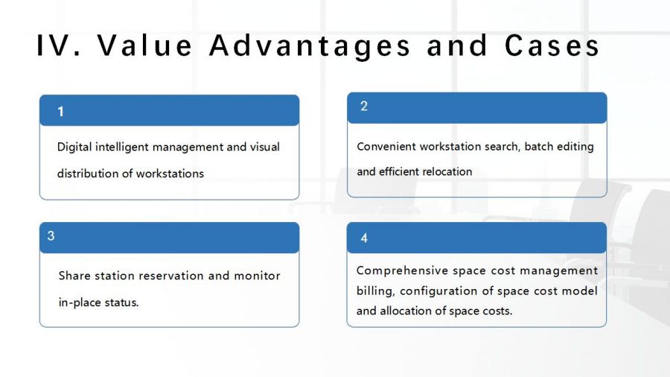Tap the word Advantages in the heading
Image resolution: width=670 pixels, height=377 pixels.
(x=310, y=46)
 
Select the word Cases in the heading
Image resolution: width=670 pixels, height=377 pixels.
(x=552, y=45)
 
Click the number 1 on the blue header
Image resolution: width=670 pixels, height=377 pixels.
(x=61, y=112)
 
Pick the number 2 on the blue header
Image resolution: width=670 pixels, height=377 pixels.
(x=364, y=106)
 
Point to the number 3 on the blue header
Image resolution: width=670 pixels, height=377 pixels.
(x=51, y=235)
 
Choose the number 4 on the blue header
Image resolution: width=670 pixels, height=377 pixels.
(x=364, y=238)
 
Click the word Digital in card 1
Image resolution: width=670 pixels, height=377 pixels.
(x=74, y=147)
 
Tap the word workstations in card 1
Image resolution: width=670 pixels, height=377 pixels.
(x=170, y=174)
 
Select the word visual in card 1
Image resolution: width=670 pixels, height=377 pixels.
(x=265, y=147)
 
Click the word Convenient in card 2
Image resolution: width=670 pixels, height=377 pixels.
(x=386, y=147)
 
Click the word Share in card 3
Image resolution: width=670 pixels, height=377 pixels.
(x=74, y=276)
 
